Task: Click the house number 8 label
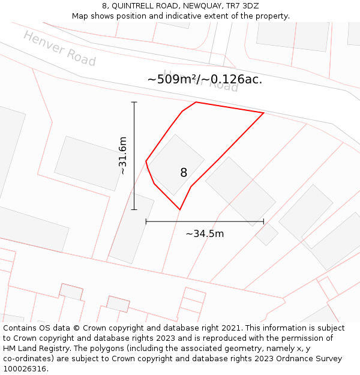(184, 173)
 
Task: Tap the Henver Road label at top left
(59, 49)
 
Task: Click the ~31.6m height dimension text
(122, 156)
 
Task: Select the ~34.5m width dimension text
(205, 233)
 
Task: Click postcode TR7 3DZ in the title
(242, 6)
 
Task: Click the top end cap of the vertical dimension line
(134, 103)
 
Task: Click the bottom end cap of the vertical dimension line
(134, 209)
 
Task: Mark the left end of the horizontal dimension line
(146, 221)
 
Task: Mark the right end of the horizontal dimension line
(263, 221)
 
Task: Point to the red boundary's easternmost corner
(263, 113)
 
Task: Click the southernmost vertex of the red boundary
(179, 209)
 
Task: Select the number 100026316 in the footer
(25, 368)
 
